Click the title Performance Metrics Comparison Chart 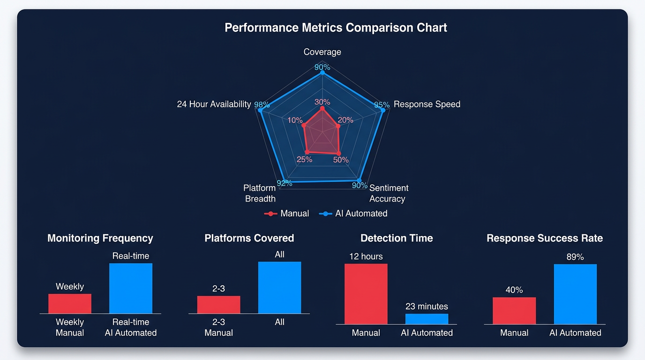[336, 28]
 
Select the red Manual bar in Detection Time [366, 293]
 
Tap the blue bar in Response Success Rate [575, 294]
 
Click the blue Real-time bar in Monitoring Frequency [131, 288]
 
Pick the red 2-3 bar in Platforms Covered [218, 305]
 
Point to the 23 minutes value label [427, 307]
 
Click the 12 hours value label [366, 256]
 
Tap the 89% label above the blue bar [575, 257]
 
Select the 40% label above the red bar [514, 290]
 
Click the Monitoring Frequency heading [100, 238]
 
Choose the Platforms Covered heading [249, 238]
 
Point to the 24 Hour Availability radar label [214, 104]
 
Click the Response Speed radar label [427, 104]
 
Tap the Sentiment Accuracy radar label [389, 193]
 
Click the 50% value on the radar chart [341, 160]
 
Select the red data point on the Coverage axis [322, 108]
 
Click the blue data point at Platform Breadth [283, 180]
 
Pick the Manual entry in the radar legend [287, 214]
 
